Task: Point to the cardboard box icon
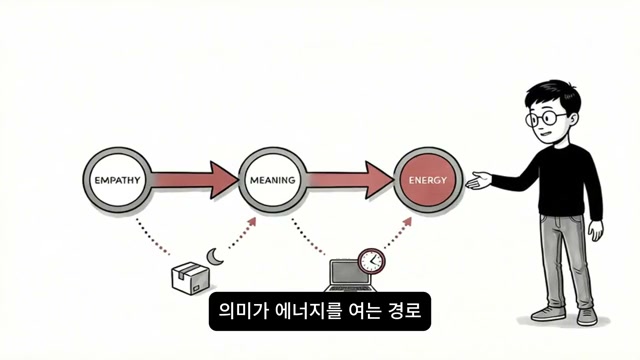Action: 188,279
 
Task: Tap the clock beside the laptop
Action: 371,261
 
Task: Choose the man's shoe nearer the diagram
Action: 549,311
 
